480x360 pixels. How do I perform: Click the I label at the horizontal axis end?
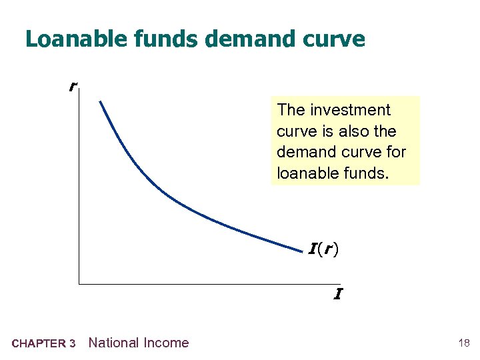(338, 293)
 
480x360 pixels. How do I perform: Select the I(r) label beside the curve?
(323, 250)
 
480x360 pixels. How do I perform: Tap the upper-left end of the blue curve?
(100, 101)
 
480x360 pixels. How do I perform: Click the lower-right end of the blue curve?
(302, 251)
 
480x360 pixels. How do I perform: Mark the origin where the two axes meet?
(79, 284)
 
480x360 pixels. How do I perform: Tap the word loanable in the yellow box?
(305, 173)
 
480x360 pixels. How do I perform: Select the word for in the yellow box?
(394, 153)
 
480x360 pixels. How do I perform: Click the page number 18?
(464, 343)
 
